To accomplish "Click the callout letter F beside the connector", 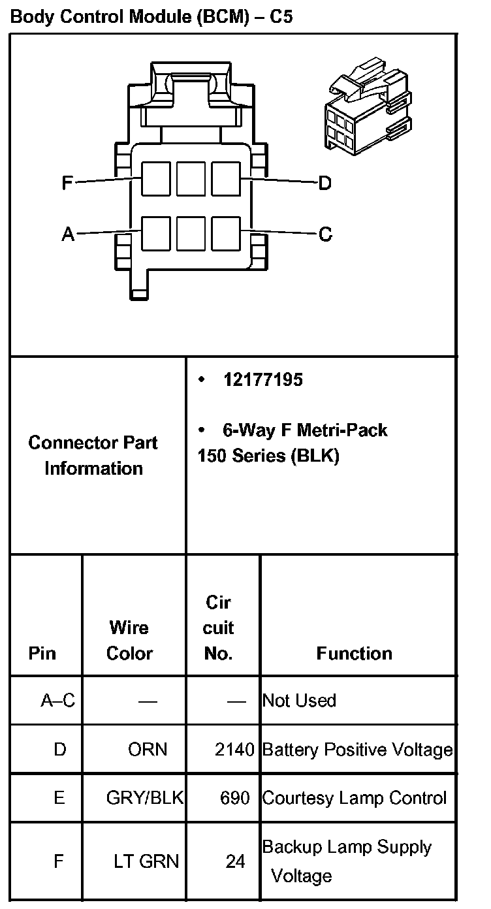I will click(x=67, y=183).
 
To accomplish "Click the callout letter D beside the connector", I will click(x=325, y=183).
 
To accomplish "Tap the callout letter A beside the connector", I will click(x=68, y=234).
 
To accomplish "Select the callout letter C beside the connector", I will click(x=325, y=234).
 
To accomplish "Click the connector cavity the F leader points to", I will click(x=155, y=179).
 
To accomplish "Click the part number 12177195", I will click(x=263, y=380).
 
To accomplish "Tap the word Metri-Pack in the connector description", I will click(x=342, y=430).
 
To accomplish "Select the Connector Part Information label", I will click(x=93, y=455).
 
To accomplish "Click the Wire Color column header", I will click(x=129, y=641).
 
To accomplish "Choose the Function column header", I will click(x=354, y=654).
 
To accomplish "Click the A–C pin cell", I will click(x=58, y=701).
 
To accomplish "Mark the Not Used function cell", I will click(x=299, y=701).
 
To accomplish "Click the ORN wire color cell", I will click(x=148, y=749).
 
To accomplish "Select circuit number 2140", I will click(x=234, y=750).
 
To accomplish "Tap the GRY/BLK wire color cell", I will click(x=145, y=798).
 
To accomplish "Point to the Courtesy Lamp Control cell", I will click(x=354, y=798).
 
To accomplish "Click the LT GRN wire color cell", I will click(x=146, y=862).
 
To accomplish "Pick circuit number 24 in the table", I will click(x=235, y=862).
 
